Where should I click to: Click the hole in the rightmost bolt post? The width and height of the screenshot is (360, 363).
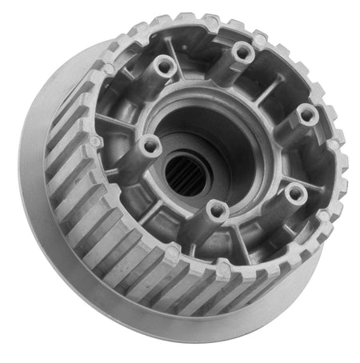click(306, 114)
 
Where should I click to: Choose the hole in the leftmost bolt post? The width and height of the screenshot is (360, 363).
click(148, 146)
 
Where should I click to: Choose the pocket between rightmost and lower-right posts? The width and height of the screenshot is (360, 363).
click(308, 160)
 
